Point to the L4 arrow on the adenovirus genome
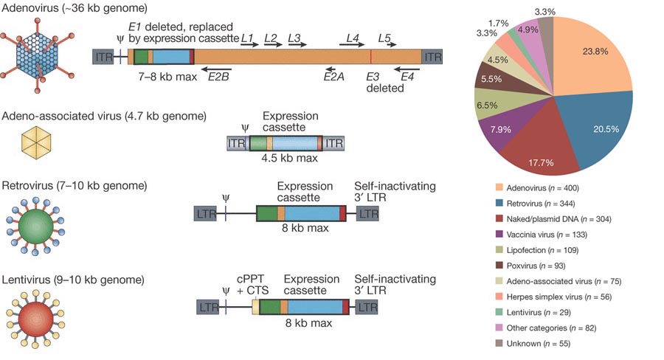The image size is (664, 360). pos(353,44)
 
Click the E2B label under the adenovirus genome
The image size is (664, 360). pos(218,75)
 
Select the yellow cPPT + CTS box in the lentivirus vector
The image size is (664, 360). pos(256,308)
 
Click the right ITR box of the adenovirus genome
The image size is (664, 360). pos(432,56)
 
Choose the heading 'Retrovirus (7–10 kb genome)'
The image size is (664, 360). pos(75,184)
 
